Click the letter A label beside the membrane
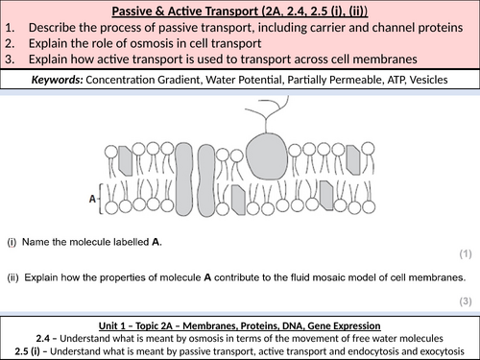[x=92, y=199]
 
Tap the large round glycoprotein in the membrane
[x=267, y=156]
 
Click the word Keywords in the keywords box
[x=57, y=80]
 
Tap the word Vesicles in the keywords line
[x=428, y=80]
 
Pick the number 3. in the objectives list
[x=10, y=60]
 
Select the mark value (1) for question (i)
[x=466, y=253]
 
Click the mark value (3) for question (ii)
[x=466, y=301]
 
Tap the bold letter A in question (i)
[x=156, y=242]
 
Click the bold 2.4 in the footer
[x=42, y=338]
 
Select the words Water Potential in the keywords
[x=245, y=80]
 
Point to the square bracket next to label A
[x=100, y=199]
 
